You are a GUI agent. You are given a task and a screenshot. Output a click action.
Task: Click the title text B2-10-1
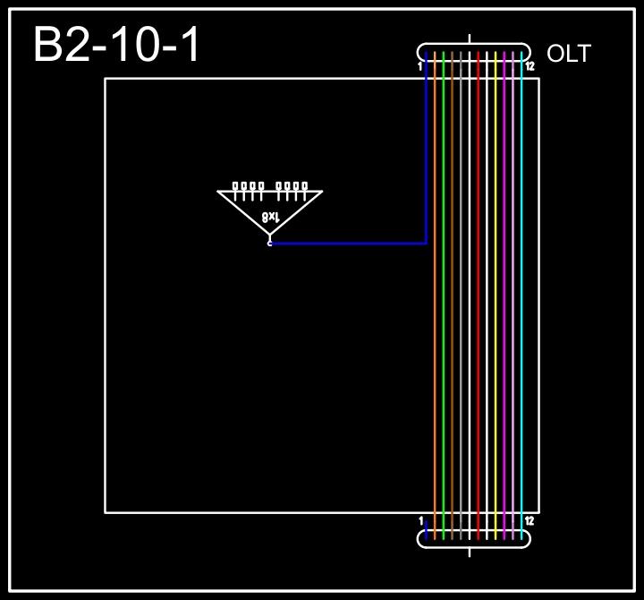pos(117,45)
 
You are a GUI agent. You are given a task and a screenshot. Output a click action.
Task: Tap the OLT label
pos(568,54)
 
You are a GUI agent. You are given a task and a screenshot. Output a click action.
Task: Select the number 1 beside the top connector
pos(420,66)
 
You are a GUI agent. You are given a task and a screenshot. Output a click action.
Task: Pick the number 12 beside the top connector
pos(530,66)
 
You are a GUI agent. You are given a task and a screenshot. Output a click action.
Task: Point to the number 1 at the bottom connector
pos(420,520)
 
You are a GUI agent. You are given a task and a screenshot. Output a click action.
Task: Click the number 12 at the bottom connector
pos(530,520)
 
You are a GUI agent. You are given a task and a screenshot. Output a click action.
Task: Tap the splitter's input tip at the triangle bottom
pos(270,242)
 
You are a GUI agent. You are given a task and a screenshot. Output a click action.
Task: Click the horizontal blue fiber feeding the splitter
pos(349,243)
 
